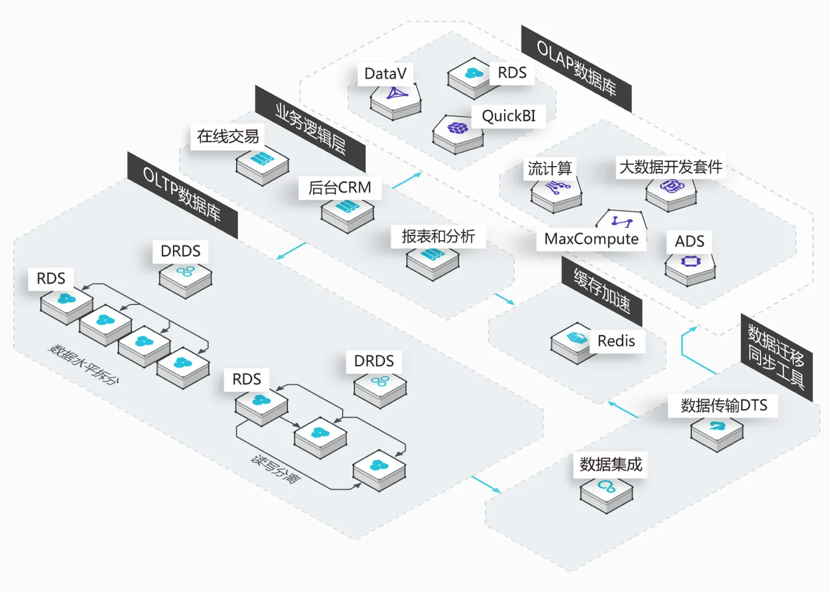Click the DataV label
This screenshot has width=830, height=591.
click(x=385, y=74)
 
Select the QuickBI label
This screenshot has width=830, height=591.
click(x=509, y=116)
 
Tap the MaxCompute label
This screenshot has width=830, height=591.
click(x=591, y=239)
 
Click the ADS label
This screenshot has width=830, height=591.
click(x=689, y=241)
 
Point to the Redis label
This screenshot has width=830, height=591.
click(x=616, y=341)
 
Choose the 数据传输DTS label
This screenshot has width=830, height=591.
click(x=724, y=405)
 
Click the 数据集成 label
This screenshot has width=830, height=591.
click(x=611, y=464)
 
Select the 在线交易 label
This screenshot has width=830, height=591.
click(x=228, y=136)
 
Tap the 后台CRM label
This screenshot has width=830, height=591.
click(x=340, y=188)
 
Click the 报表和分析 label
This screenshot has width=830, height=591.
click(x=438, y=237)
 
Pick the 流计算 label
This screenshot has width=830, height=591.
click(x=550, y=168)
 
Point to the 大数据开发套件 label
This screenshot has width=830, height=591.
click(x=671, y=167)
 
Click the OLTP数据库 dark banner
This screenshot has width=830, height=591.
click(x=182, y=195)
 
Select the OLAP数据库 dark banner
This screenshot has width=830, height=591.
click(x=576, y=68)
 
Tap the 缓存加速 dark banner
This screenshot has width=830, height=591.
click(x=602, y=290)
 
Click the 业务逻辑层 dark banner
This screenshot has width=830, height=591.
click(x=310, y=129)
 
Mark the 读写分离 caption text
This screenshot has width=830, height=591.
click(x=276, y=469)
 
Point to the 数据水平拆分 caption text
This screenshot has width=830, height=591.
click(x=84, y=364)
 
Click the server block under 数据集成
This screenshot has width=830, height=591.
click(x=606, y=493)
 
